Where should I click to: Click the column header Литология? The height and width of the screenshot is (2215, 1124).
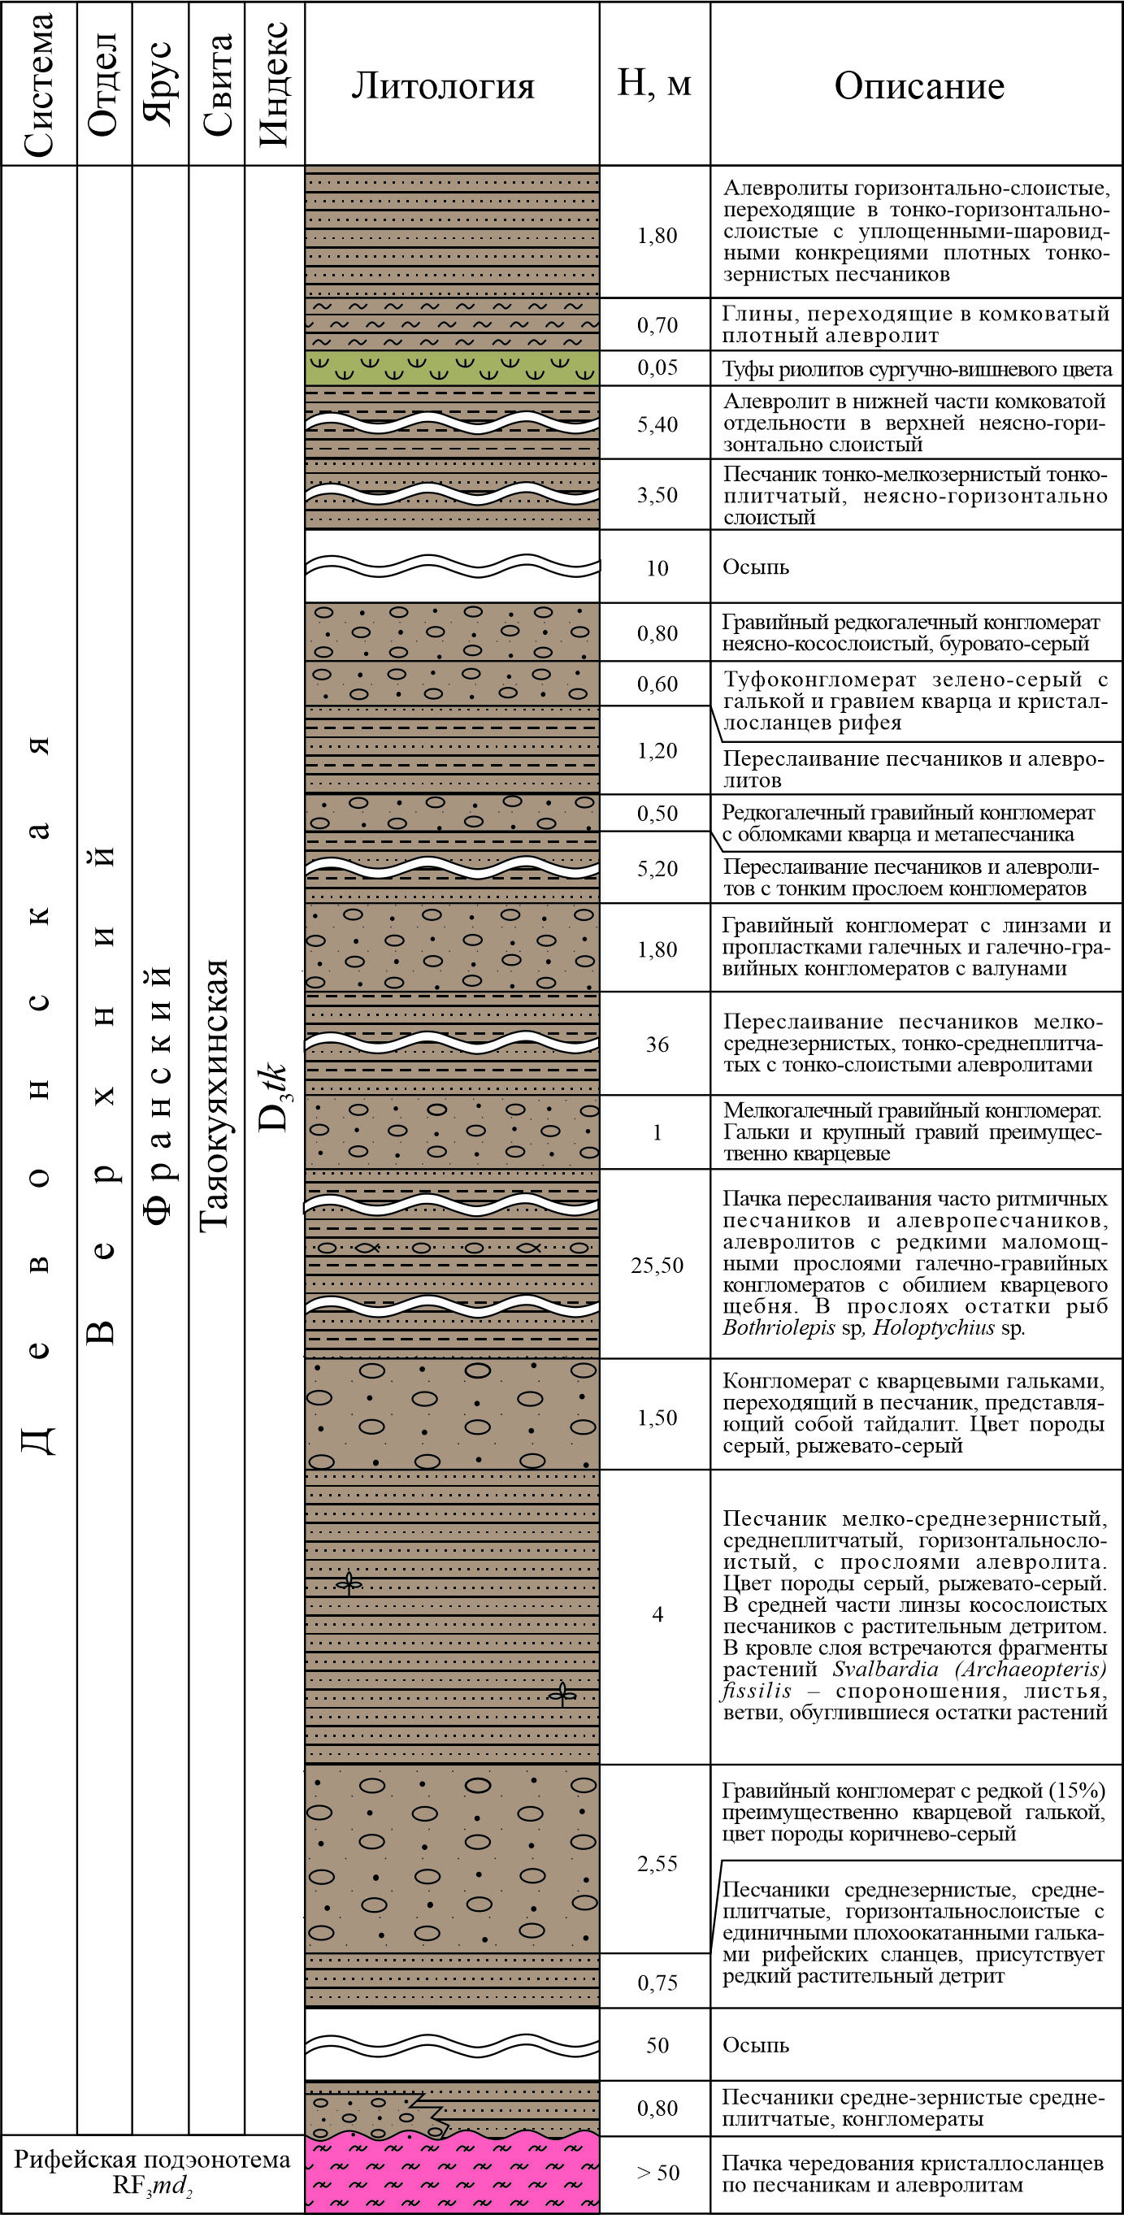click(x=443, y=86)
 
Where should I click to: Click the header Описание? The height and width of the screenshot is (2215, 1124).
click(x=918, y=86)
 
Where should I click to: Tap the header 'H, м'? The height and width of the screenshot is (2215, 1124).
click(x=654, y=84)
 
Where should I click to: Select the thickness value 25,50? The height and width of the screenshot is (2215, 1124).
click(x=657, y=1265)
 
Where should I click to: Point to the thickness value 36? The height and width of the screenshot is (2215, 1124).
click(x=657, y=1044)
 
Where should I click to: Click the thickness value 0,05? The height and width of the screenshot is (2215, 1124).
click(x=657, y=368)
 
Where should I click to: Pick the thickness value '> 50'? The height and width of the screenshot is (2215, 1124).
click(x=657, y=2173)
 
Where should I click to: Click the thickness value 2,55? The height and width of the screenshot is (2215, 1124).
click(x=657, y=1863)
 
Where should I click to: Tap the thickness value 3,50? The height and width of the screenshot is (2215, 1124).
click(x=657, y=494)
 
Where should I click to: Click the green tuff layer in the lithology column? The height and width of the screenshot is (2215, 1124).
click(x=453, y=368)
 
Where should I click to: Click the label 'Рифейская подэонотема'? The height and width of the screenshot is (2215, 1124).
click(x=152, y=2160)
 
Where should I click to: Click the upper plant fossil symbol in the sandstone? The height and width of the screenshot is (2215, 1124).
click(x=349, y=1582)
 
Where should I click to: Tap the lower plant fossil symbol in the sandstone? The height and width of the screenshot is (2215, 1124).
click(x=563, y=1693)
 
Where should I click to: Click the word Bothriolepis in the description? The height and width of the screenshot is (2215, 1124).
click(x=779, y=1327)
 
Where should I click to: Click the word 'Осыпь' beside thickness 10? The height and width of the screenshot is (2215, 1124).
click(x=755, y=567)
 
